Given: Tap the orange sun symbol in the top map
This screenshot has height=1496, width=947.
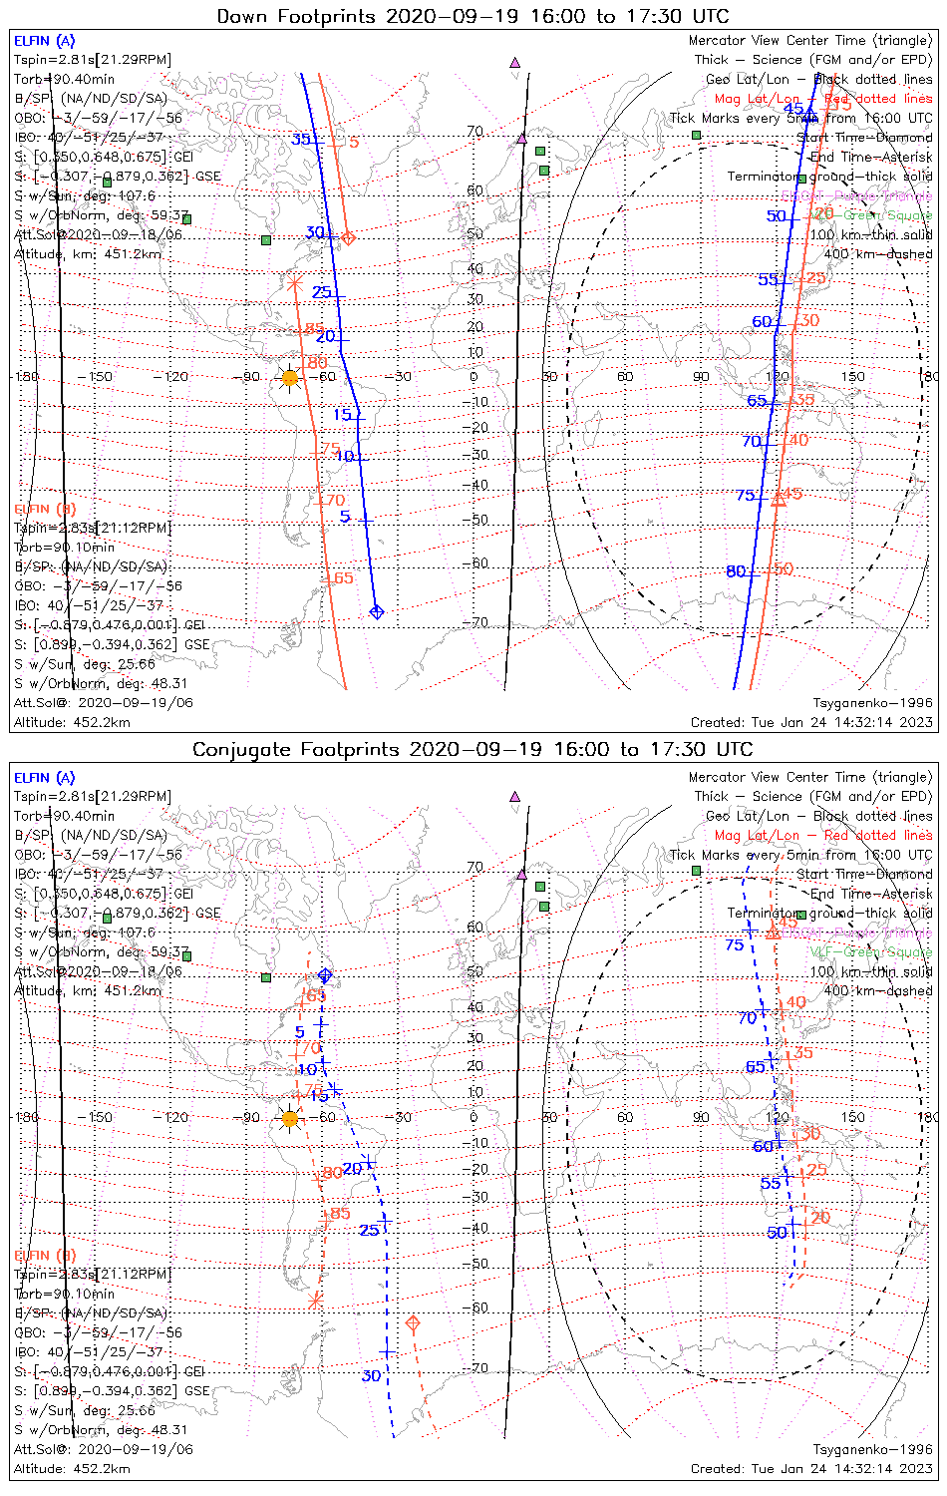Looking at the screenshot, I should pos(290,378).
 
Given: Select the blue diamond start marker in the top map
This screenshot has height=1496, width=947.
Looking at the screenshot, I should pos(376,611).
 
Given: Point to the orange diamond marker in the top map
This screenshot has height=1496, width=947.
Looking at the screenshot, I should pos(348,237).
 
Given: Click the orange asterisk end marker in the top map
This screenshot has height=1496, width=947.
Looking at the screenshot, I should pos(294,283).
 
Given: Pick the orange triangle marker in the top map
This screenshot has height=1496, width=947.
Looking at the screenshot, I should pos(779,499).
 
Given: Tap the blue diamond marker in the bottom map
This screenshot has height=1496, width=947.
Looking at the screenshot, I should pos(324,975).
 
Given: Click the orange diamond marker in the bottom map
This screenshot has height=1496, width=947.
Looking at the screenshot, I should pos(413,1323).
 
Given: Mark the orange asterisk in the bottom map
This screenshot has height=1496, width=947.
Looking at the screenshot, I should pos(315,1301).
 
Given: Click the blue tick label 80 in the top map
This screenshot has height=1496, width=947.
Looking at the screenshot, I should pos(736,571).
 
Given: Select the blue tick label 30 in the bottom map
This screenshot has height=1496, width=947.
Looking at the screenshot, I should pos(371,1375).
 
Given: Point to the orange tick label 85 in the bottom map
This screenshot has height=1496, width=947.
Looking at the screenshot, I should pos(340,1214).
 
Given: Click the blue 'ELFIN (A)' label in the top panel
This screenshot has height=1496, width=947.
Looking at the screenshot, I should pos(44,41).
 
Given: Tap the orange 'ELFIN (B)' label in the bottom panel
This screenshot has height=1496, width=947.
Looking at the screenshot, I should pos(45,1255).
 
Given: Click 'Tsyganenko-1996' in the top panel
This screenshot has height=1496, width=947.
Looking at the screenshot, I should pos(872,703).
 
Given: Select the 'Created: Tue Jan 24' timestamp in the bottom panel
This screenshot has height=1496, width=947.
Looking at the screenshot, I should pos(811,1469).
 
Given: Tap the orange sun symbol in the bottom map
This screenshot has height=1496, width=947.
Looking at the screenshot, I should pos(290,1119).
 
